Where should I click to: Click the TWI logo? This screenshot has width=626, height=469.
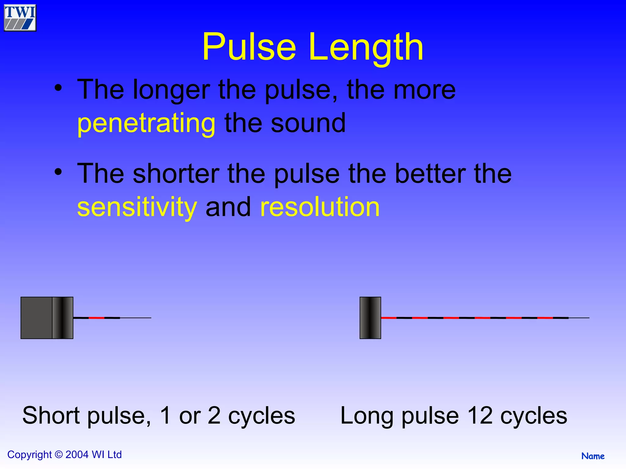tap(20, 18)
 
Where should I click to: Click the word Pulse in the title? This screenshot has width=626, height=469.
tap(249, 47)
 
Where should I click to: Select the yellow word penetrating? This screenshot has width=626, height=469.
tap(146, 123)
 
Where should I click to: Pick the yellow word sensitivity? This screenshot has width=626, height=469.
tap(137, 207)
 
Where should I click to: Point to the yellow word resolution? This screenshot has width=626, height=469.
tap(320, 207)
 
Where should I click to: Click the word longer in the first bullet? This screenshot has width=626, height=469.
tap(171, 90)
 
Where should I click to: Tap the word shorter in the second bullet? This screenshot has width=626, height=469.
tap(176, 174)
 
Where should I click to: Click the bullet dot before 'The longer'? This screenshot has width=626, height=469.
tap(58, 88)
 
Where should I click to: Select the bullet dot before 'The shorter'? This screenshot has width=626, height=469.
tap(58, 172)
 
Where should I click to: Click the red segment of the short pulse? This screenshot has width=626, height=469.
tap(97, 318)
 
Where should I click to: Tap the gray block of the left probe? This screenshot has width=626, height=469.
tap(36, 318)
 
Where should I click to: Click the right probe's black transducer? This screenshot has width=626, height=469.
tap(370, 318)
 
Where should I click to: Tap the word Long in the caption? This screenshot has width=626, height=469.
tap(366, 416)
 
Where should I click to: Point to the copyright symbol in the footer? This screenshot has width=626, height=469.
tap(59, 455)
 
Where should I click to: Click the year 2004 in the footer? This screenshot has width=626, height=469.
tap(77, 455)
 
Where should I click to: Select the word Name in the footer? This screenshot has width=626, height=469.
tap(593, 456)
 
